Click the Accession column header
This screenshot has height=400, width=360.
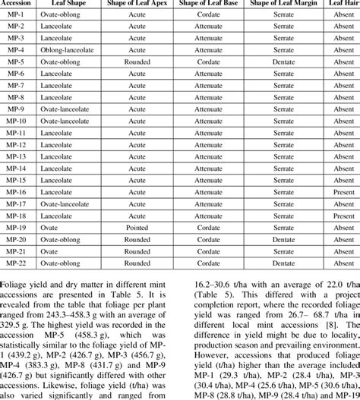click(x=16, y=4)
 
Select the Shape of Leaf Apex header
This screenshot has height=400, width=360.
click(x=137, y=4)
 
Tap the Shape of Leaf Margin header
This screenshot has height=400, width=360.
click(x=289, y=4)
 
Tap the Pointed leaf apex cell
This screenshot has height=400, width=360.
click(x=137, y=227)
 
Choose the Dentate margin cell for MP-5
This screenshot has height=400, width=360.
click(x=289, y=61)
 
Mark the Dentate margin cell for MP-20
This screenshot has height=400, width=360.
click(x=289, y=239)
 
